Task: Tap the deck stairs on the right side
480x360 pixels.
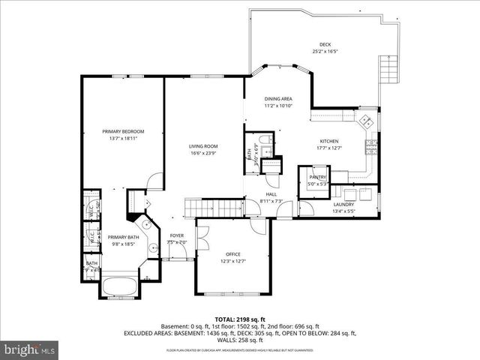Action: (388, 72)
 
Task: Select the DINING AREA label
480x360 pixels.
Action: (277, 99)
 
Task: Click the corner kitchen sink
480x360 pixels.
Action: (367, 120)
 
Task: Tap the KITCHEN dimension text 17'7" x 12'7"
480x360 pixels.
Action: (330, 148)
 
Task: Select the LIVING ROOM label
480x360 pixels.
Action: (202, 146)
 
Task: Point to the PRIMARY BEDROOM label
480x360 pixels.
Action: (123, 131)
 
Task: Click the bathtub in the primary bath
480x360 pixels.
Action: (119, 286)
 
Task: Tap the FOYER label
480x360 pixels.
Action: (176, 235)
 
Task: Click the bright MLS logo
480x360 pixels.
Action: (30, 349)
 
